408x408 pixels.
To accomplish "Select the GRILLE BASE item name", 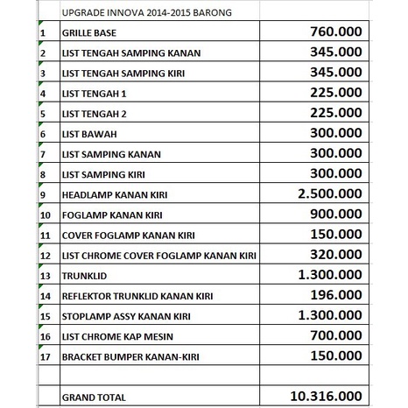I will [92, 32].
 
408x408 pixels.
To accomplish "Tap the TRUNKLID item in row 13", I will [83, 276].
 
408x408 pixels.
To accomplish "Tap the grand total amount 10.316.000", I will [327, 396].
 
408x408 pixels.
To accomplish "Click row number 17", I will [44, 357].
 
